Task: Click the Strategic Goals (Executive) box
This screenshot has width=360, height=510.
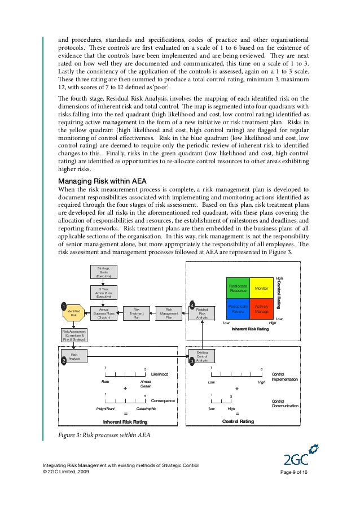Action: pyautogui.click(x=104, y=271)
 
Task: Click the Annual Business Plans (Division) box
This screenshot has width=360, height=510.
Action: pyautogui.click(x=104, y=313)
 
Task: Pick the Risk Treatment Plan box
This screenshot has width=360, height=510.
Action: pyautogui.click(x=136, y=313)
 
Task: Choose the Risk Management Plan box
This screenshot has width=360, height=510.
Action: pyautogui.click(x=169, y=313)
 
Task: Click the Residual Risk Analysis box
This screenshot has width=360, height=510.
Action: pyautogui.click(x=202, y=313)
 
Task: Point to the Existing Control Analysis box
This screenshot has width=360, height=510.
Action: pyautogui.click(x=201, y=356)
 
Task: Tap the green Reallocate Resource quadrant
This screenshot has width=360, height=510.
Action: pyautogui.click(x=238, y=288)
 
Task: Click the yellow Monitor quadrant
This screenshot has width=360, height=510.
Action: pyautogui.click(x=261, y=288)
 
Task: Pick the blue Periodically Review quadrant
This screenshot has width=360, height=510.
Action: pyautogui.click(x=238, y=308)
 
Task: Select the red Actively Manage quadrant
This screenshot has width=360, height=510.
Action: pyautogui.click(x=261, y=308)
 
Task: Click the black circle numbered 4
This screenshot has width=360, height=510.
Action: pyautogui.click(x=192, y=305)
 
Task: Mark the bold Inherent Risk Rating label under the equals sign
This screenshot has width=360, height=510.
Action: pyautogui.click(x=125, y=422)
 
